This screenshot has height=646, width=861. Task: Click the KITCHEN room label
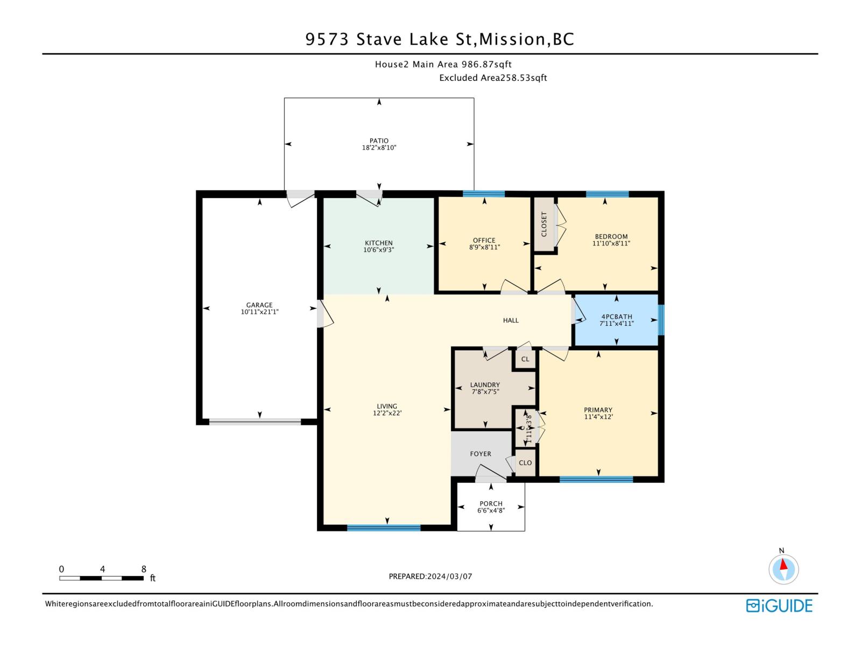379,243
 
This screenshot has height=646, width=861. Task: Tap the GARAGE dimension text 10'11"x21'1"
259,312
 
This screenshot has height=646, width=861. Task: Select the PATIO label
379,141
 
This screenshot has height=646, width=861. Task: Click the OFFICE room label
484,241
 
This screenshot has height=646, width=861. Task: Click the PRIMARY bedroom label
598,410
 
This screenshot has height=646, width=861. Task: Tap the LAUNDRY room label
485,385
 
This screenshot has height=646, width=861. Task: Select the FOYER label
481,454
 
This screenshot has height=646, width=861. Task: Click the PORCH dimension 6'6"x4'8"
491,510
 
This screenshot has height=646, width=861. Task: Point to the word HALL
511,320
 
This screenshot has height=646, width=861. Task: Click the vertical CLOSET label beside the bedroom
544,223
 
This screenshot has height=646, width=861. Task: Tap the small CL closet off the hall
525,359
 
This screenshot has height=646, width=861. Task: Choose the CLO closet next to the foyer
525,463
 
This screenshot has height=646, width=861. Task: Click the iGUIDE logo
779,606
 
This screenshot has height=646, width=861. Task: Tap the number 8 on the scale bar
144,569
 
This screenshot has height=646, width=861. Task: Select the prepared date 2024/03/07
449,576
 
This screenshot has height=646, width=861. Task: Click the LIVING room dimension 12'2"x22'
387,413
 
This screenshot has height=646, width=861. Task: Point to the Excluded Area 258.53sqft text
493,78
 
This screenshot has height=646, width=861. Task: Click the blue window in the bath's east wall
661,320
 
